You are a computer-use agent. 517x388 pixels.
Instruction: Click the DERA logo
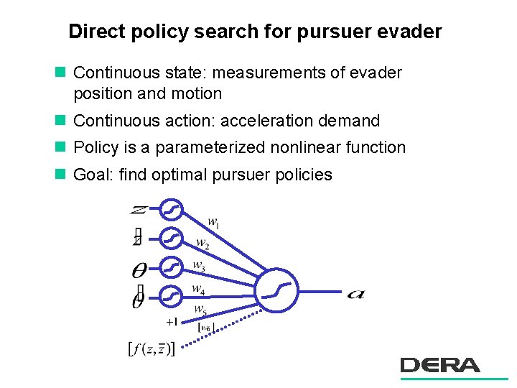point(440,366)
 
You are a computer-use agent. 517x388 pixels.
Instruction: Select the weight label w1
point(213,223)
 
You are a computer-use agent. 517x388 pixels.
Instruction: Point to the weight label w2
point(203,244)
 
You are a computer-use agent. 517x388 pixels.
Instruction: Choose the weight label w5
point(200,310)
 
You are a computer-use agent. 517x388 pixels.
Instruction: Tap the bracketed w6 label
point(207,328)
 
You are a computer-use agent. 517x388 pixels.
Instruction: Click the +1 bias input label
point(172,321)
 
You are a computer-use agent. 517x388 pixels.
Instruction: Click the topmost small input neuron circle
point(171,210)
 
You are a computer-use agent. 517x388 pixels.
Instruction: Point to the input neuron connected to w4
point(171,295)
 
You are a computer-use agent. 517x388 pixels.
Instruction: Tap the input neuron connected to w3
point(171,267)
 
